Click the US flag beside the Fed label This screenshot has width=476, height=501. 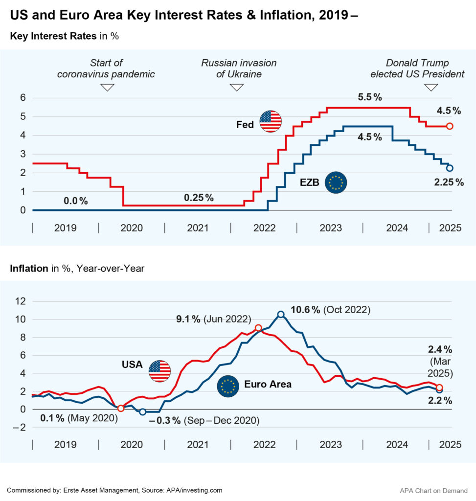tap(271, 121)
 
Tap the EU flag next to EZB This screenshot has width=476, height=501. tap(336, 182)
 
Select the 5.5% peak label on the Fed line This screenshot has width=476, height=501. tap(370, 97)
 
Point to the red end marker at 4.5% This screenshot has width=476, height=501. tap(450, 126)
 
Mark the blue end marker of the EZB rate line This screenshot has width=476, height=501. tap(450, 168)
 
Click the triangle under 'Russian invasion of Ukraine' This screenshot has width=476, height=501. tap(237, 87)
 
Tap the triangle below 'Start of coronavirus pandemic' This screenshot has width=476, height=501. tap(107, 87)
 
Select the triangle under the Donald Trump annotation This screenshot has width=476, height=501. tap(431, 87)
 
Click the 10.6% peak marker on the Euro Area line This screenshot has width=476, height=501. tap(280, 315)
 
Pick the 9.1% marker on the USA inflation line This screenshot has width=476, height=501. tap(258, 328)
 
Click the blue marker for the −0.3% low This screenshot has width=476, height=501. tap(142, 412)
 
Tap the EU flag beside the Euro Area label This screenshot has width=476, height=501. tap(227, 387)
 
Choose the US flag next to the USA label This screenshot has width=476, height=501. tap(160, 370)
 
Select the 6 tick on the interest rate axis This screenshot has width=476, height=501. tap(23, 97)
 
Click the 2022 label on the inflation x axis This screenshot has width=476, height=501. tap(264, 444)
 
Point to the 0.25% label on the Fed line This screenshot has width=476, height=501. tap(199, 198)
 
